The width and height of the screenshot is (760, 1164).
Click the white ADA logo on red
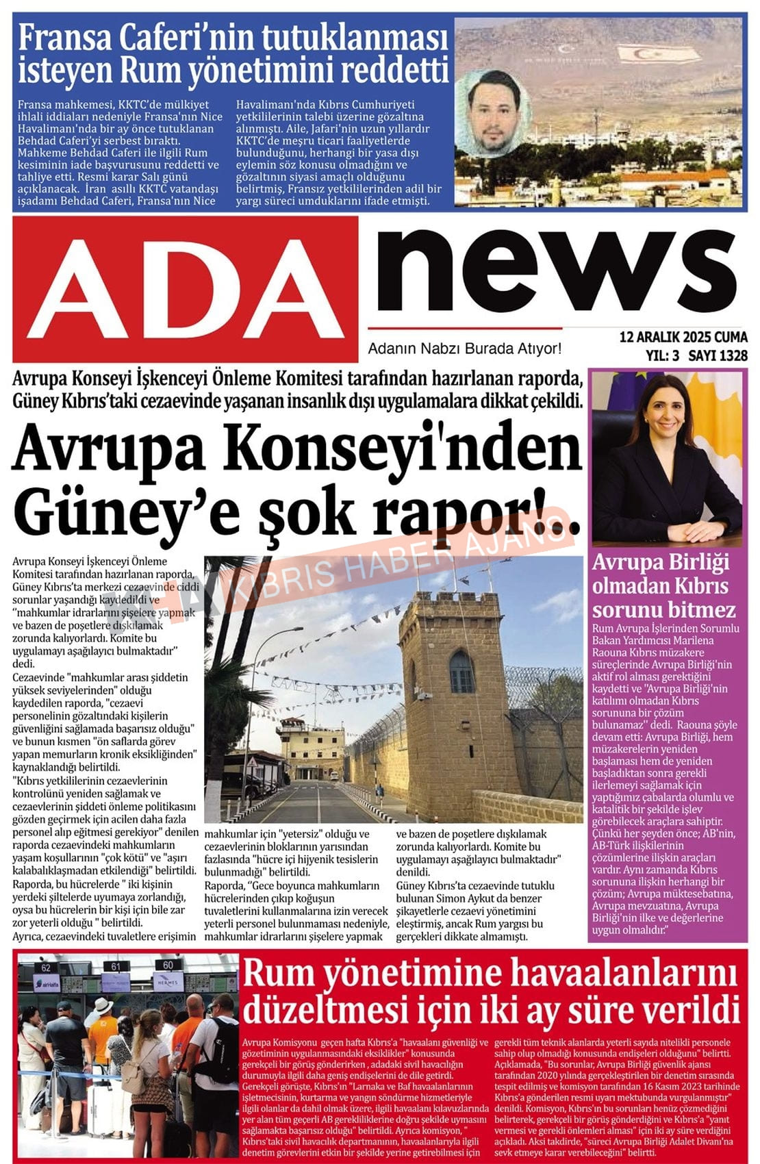[185, 288]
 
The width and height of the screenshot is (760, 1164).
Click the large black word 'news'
[556, 272]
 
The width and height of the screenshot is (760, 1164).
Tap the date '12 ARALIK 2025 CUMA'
[683, 338]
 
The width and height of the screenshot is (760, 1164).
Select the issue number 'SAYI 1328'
[718, 355]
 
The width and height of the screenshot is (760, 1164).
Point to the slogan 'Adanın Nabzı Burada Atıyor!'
[464, 349]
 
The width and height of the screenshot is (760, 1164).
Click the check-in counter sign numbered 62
[46, 967]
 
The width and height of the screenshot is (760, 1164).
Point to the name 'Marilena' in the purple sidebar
[691, 640]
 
